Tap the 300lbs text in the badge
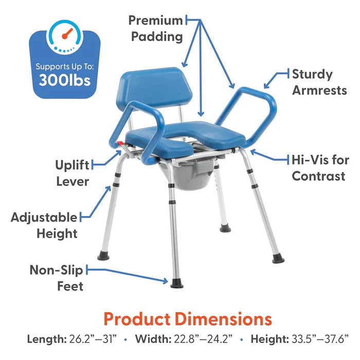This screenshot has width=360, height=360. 65,80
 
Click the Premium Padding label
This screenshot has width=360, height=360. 156,28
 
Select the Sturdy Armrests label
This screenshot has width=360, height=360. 319,82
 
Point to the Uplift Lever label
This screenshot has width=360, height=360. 72,173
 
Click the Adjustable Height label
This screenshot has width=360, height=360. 44,225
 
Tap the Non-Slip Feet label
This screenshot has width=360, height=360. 56,278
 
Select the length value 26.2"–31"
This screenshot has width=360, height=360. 98,340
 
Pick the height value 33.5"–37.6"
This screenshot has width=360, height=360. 319,340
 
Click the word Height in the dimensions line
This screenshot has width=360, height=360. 268,340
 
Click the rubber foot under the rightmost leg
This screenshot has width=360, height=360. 278,258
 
